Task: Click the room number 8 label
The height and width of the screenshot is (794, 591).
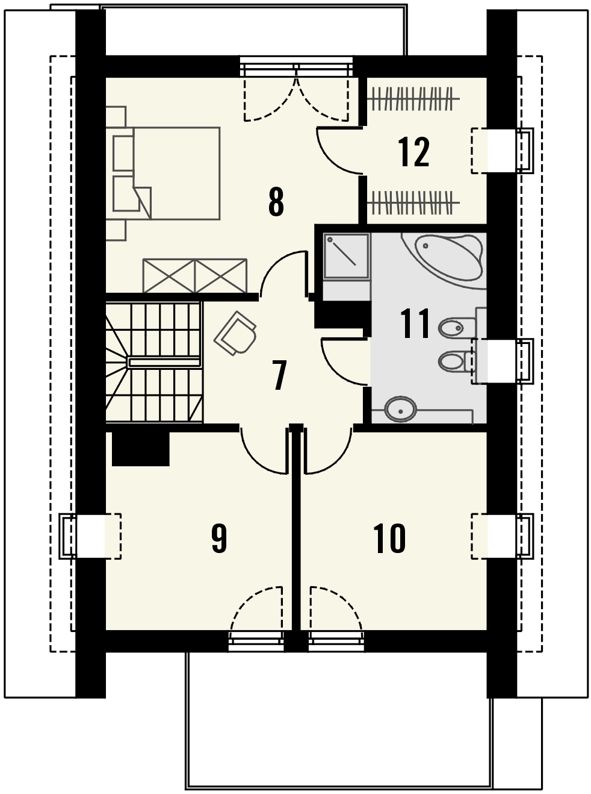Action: point(276,202)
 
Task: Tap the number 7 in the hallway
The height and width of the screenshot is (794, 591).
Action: point(279,375)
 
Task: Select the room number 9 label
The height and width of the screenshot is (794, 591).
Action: point(219,538)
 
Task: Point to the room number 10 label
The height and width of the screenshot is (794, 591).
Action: point(389,538)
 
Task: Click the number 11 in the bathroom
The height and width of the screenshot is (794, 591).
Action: point(415,324)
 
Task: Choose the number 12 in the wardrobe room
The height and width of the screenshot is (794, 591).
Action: point(413,152)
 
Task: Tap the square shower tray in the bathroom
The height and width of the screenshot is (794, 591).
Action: point(346,256)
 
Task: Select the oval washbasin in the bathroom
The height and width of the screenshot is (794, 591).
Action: point(401,408)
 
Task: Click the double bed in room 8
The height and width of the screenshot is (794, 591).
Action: point(166,173)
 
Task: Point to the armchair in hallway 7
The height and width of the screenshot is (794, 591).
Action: point(236,333)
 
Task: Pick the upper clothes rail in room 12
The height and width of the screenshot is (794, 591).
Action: point(414,98)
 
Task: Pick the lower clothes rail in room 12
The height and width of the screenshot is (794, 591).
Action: point(414,202)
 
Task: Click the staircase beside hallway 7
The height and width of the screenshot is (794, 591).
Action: point(154,362)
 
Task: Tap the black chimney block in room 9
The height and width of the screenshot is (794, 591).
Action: point(141,449)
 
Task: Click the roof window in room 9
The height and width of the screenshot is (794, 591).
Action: point(90,536)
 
